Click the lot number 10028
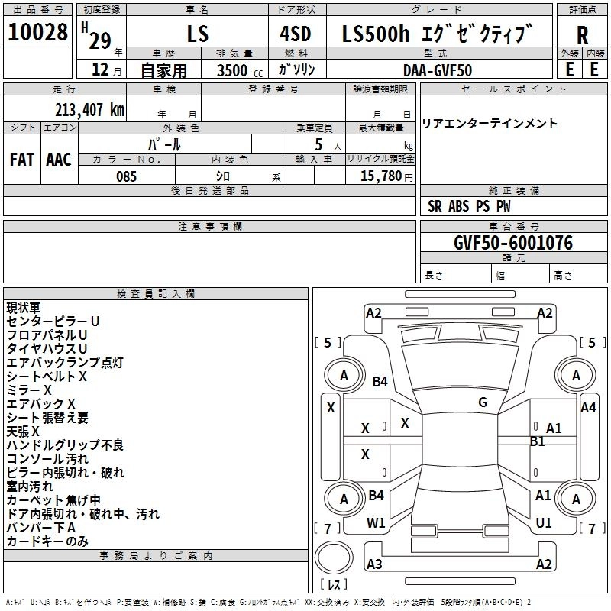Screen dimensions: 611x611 (38, 33)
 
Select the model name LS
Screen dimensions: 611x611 (197, 34)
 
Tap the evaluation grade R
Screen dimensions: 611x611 (582, 34)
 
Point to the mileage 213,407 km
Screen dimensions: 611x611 (89, 109)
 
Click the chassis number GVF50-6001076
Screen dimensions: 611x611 (512, 243)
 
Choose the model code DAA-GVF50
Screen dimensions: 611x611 (438, 70)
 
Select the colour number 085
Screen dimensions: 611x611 (126, 176)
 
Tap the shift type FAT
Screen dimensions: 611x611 (21, 160)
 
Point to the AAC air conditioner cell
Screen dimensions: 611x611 (59, 160)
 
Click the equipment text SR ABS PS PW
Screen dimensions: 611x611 (469, 206)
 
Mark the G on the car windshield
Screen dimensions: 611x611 (483, 402)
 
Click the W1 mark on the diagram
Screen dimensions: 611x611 (376, 523)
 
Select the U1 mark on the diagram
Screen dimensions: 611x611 (544, 523)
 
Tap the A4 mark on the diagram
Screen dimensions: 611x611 (588, 408)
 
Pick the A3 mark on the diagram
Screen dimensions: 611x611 (374, 564)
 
